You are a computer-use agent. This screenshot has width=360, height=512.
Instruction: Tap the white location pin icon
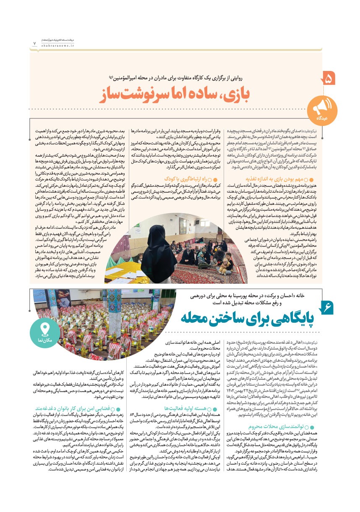(44, 330)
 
